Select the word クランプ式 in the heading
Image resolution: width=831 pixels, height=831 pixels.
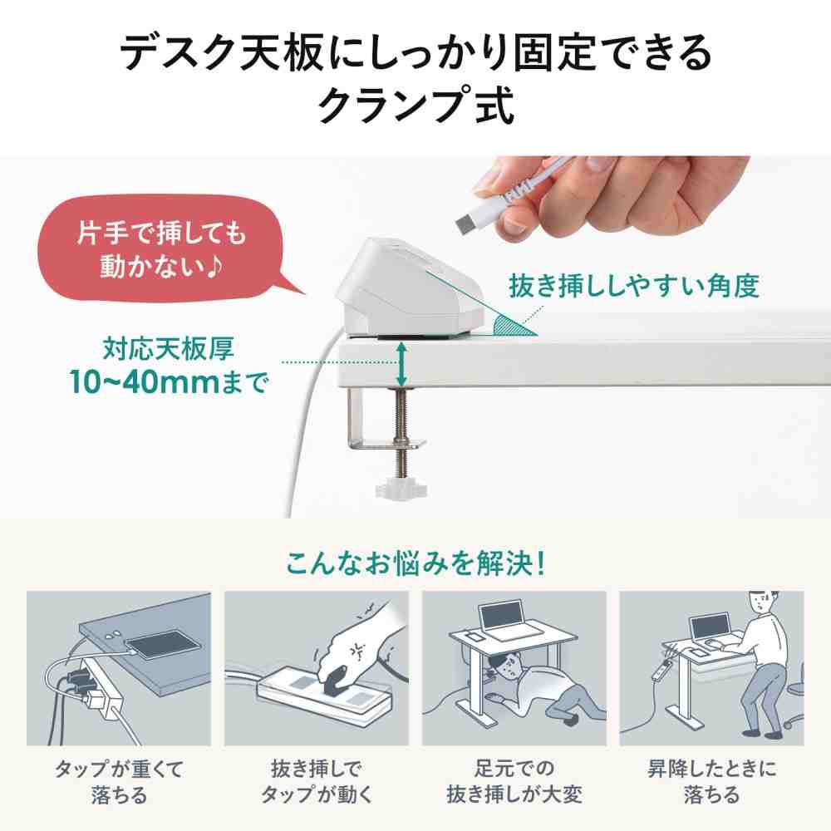[x=415, y=105]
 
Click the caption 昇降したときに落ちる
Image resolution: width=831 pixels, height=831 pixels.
[x=711, y=780]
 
